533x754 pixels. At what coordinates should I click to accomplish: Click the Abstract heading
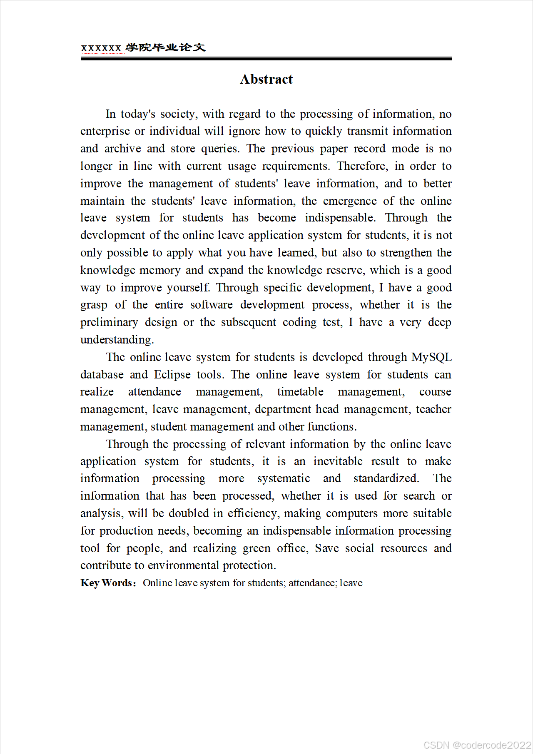pyautogui.click(x=266, y=79)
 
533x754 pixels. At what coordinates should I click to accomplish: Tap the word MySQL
pyautogui.click(x=431, y=357)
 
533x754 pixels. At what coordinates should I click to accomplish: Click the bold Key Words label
pyautogui.click(x=108, y=583)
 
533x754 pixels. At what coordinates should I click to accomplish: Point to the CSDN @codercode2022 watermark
pyautogui.click(x=477, y=745)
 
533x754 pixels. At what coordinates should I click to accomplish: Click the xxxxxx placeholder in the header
pyautogui.click(x=101, y=48)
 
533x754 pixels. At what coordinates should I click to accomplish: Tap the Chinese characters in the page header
pyautogui.click(x=166, y=47)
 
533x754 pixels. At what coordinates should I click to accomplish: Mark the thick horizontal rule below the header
pyautogui.click(x=266, y=59)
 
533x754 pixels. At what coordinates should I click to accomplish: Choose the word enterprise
pyautogui.click(x=105, y=132)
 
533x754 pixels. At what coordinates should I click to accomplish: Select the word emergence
pyautogui.click(x=350, y=201)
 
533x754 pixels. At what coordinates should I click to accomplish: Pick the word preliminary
pyautogui.click(x=109, y=323)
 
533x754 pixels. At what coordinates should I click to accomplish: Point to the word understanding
pyautogui.click(x=117, y=340)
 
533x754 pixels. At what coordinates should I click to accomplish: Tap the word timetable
pyautogui.click(x=300, y=392)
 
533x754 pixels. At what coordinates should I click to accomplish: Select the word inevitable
pyautogui.click(x=338, y=461)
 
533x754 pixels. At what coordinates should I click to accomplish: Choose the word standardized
pyautogui.click(x=386, y=478)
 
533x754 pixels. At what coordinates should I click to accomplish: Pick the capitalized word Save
pyautogui.click(x=327, y=548)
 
